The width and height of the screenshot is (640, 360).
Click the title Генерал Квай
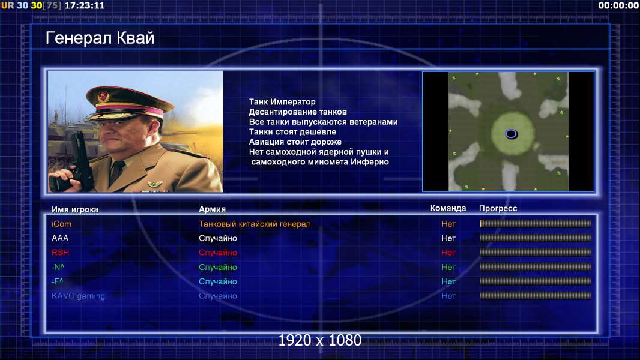click(100, 38)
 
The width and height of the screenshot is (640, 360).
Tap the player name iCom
click(61, 224)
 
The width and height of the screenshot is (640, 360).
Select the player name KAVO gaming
click(78, 296)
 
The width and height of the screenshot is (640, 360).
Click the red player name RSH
click(61, 253)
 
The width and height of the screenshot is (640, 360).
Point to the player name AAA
click(60, 238)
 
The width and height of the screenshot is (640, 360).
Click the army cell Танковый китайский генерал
click(255, 224)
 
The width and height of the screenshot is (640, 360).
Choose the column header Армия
click(213, 209)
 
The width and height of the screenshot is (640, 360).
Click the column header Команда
click(448, 208)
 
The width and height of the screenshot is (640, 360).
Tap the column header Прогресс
click(498, 209)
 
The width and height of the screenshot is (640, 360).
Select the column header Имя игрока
click(74, 209)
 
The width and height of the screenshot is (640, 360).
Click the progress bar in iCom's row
click(536, 223)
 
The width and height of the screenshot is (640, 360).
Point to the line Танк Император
click(282, 102)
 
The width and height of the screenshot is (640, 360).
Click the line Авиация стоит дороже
click(295, 142)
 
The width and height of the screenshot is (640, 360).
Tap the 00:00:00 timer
click(618, 5)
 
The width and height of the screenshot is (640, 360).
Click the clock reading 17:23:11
click(85, 5)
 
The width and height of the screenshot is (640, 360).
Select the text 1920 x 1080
click(319, 340)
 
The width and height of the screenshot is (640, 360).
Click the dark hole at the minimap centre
click(511, 134)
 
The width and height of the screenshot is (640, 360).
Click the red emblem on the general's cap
click(103, 97)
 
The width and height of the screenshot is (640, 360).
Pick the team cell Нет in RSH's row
click(448, 253)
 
